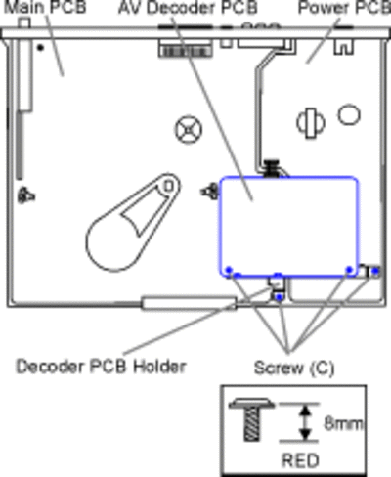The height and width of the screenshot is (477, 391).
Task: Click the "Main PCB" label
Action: (x=45, y=7)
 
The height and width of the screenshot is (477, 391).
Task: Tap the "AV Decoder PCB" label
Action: (x=188, y=8)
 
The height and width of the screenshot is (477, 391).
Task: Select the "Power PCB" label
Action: (x=344, y=8)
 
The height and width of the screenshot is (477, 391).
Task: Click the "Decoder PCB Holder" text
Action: (x=101, y=367)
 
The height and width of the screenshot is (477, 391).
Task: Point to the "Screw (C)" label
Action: (x=294, y=368)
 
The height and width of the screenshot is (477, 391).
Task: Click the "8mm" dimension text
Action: (x=343, y=424)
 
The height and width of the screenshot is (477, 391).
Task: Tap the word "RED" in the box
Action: (x=300, y=460)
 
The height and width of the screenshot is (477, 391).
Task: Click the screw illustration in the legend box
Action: (x=252, y=419)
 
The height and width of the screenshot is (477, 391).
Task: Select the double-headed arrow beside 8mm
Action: (x=305, y=422)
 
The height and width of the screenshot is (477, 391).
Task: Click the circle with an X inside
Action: (x=189, y=130)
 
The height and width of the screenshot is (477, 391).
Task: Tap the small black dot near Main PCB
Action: (x=40, y=48)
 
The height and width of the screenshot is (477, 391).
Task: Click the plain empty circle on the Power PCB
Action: (x=349, y=114)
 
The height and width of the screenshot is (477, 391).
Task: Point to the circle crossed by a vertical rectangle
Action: (x=311, y=123)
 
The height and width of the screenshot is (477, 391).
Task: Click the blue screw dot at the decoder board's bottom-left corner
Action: (x=229, y=270)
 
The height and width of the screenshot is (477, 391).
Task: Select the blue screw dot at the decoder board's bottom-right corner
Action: (x=350, y=270)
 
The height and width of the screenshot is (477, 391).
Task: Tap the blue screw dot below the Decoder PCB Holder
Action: (x=279, y=297)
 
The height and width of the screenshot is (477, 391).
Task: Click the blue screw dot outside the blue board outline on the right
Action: (x=375, y=271)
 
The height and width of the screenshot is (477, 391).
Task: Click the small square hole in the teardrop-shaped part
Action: (x=168, y=187)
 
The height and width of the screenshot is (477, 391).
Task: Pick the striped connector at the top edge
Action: (x=186, y=52)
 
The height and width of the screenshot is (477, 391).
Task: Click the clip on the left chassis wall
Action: (x=25, y=195)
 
